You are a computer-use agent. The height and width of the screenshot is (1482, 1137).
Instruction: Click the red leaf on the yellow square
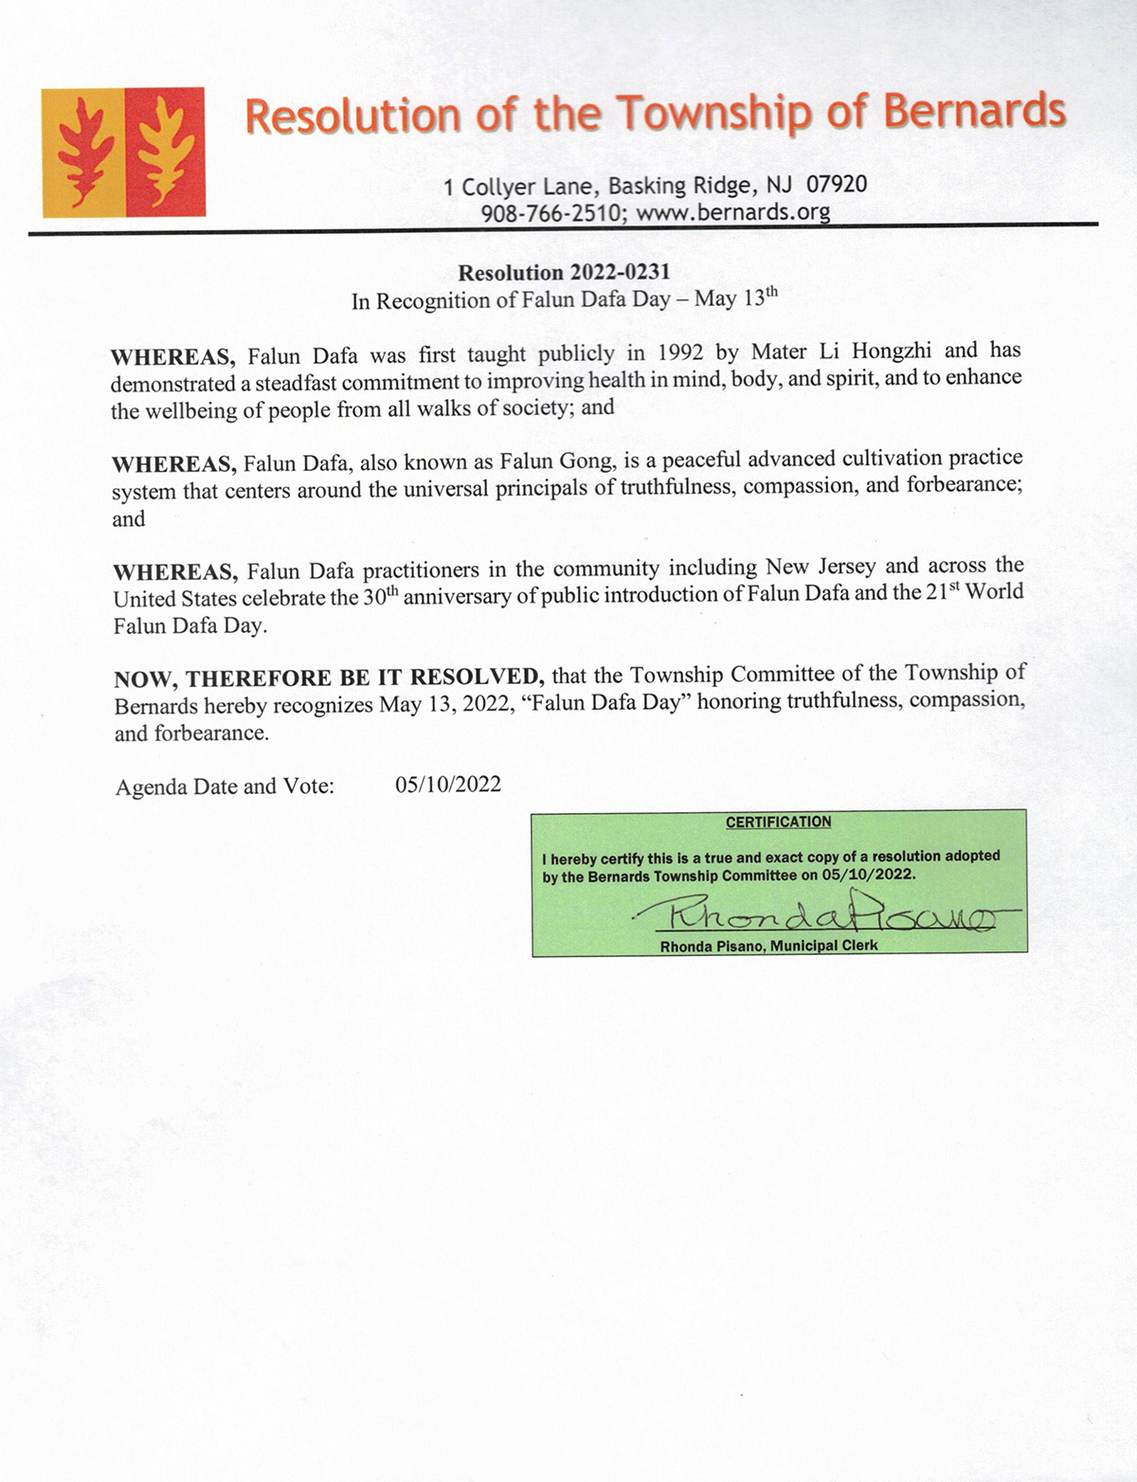[x=82, y=152]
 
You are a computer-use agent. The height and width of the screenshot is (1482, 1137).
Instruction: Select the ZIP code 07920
[x=836, y=184]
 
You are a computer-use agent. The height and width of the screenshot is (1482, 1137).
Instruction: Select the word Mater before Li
[x=779, y=352]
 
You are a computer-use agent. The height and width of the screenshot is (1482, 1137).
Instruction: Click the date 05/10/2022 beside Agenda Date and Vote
[x=448, y=785]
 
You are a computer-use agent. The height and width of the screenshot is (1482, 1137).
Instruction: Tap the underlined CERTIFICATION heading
[x=778, y=822]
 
